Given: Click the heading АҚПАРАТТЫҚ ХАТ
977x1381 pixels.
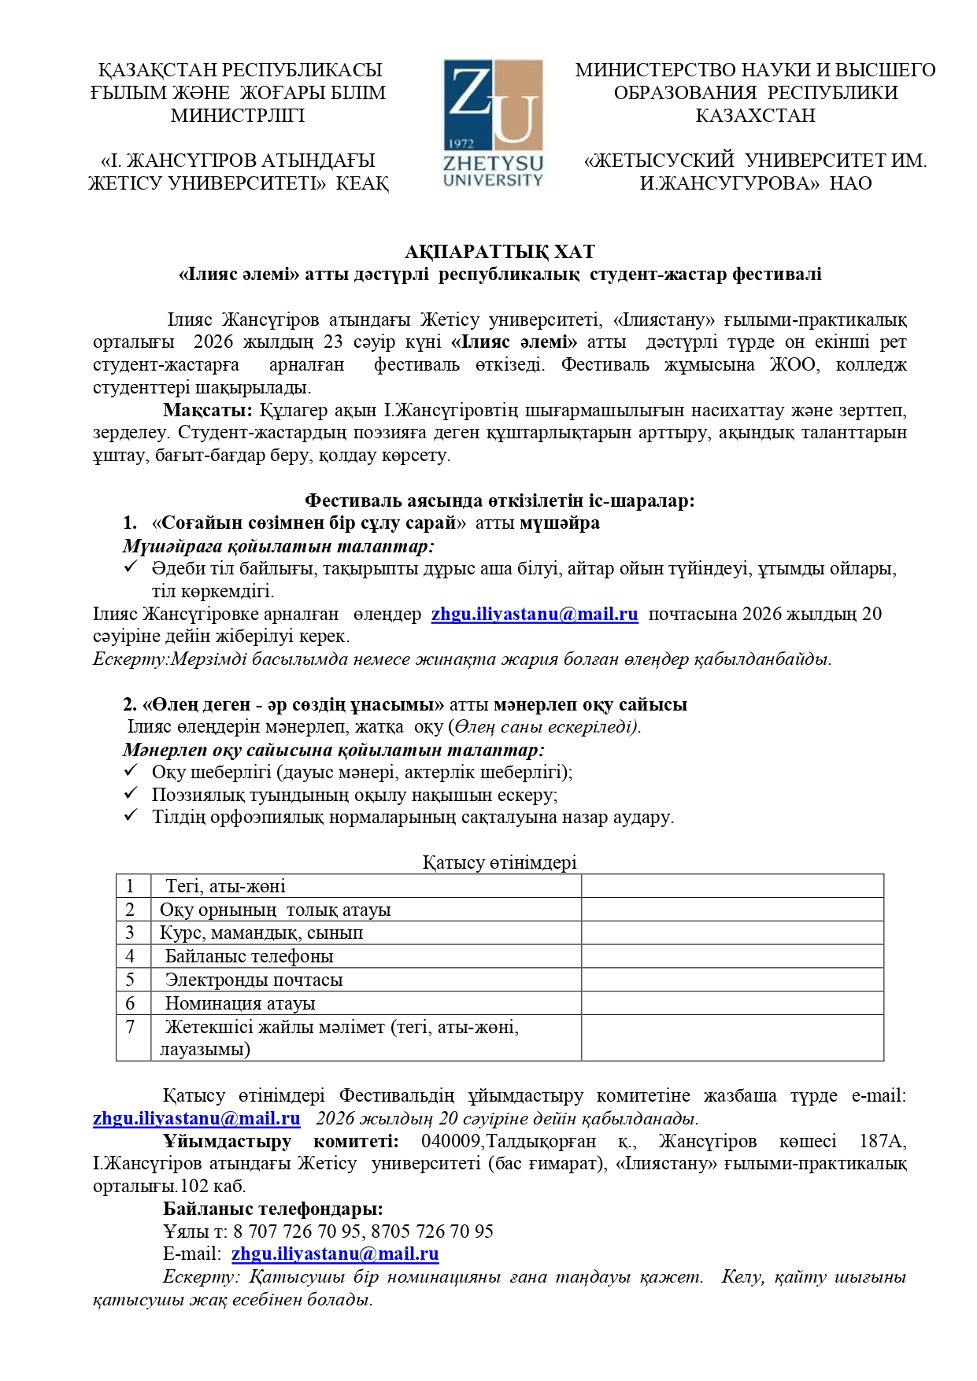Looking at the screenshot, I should (x=499, y=252).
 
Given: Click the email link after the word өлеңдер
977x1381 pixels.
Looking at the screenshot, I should (x=535, y=615).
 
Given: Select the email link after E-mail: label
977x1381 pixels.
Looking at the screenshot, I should (x=335, y=1254).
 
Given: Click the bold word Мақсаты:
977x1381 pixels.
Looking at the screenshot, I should (x=208, y=410).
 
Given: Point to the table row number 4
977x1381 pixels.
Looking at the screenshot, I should (x=131, y=956).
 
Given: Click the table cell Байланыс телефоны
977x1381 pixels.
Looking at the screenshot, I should (x=249, y=956).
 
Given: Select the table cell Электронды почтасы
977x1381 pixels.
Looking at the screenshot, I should (x=254, y=980).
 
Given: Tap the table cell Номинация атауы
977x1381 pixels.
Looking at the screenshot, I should (x=240, y=1003).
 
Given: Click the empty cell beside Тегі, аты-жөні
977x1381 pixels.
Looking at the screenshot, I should (x=732, y=886).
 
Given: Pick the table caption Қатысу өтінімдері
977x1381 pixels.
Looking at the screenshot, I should (x=499, y=862).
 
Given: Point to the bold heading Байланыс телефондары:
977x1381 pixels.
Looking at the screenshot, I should (x=273, y=1209).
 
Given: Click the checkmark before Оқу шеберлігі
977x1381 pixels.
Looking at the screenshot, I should (x=131, y=771).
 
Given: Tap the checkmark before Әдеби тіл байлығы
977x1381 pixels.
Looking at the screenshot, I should (x=131, y=567).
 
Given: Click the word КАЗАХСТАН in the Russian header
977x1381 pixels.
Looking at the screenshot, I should (x=755, y=116).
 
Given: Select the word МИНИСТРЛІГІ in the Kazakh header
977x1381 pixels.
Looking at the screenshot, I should (x=238, y=116).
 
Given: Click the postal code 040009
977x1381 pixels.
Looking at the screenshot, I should (x=449, y=1141).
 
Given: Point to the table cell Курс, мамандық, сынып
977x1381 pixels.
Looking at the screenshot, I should (x=261, y=932).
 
